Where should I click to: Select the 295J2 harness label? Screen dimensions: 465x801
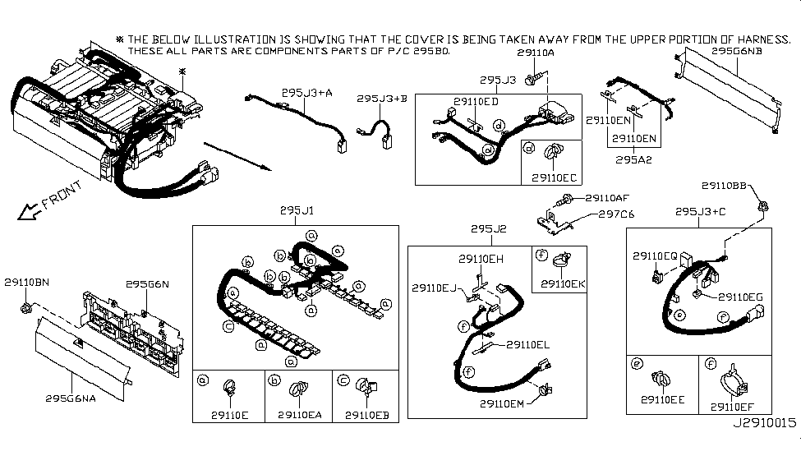[x=487, y=228]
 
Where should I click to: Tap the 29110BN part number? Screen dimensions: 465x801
[x=26, y=282]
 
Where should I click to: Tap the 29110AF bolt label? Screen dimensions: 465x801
[x=607, y=198]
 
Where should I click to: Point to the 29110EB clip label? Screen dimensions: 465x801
[x=366, y=414]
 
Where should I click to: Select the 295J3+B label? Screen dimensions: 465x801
[x=382, y=99]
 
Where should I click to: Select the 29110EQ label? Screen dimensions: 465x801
[x=655, y=256]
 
